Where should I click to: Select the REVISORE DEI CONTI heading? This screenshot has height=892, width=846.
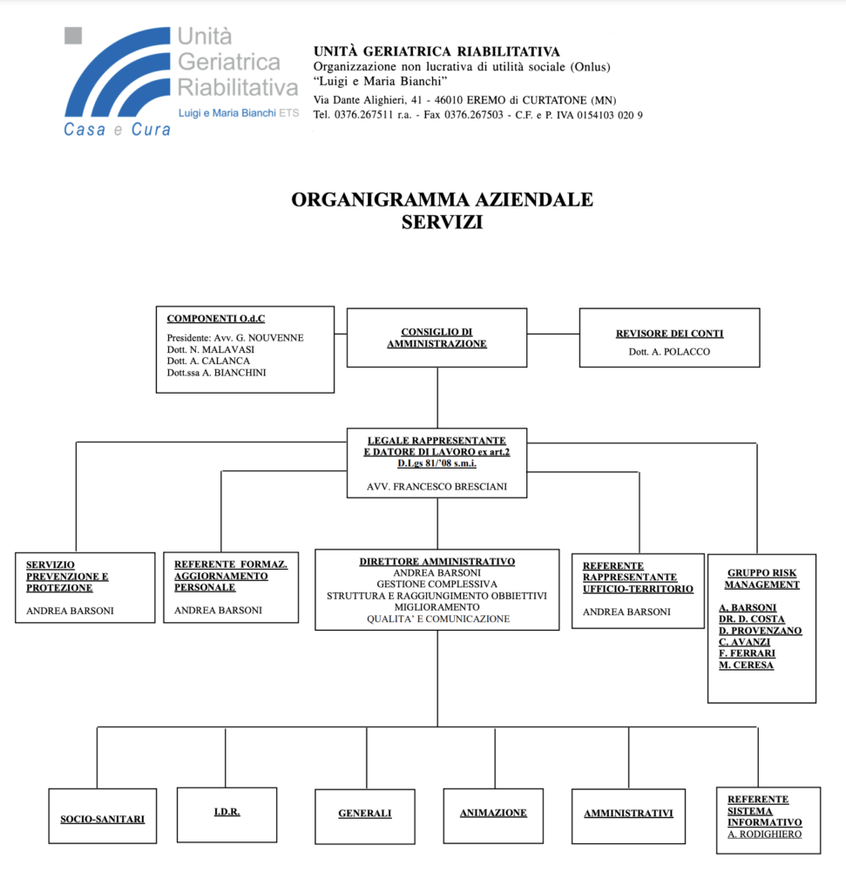click(x=670, y=334)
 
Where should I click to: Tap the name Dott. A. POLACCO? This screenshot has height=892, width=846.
click(x=669, y=352)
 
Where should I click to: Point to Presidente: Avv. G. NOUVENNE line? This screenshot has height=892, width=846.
click(x=235, y=337)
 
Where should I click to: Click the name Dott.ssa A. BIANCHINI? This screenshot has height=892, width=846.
click(x=216, y=373)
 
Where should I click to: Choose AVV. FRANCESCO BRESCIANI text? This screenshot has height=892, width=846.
click(x=437, y=486)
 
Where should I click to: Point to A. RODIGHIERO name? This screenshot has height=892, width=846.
click(x=765, y=834)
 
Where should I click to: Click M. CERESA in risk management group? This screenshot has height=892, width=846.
click(x=746, y=665)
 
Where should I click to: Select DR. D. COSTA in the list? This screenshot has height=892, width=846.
click(x=752, y=619)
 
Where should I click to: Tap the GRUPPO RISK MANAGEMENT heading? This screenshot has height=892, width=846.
click(x=761, y=578)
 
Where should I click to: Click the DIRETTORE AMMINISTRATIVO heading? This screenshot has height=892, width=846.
click(x=437, y=562)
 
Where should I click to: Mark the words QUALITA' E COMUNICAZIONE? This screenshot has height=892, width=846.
click(x=438, y=619)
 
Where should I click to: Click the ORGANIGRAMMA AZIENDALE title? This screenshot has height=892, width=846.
click(x=442, y=199)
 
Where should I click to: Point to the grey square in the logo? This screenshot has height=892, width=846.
click(x=73, y=35)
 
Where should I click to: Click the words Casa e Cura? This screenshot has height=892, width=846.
click(x=118, y=130)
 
